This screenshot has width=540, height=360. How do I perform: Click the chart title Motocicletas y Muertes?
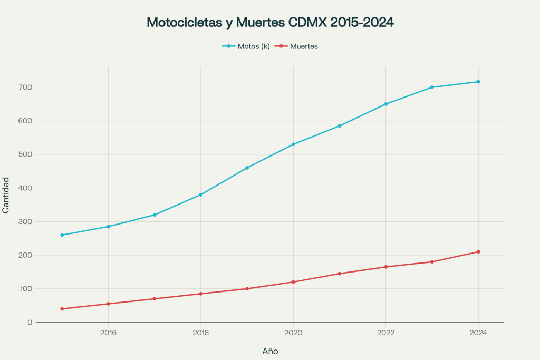tap(270, 23)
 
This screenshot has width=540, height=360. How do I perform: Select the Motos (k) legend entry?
tap(246, 46)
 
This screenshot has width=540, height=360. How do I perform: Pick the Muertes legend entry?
tap(298, 46)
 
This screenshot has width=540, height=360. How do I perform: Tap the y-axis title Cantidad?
tap(6, 195)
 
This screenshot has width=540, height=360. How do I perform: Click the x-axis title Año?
tap(270, 351)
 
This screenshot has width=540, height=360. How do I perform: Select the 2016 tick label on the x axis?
tap(108, 333)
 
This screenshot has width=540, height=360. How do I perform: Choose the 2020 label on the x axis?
tap(293, 333)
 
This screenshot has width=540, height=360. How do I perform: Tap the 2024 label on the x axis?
tap(478, 333)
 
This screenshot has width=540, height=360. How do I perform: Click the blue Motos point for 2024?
tap(478, 82)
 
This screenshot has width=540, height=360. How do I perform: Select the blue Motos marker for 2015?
tap(62, 235)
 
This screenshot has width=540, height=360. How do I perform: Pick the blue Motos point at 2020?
tap(293, 144)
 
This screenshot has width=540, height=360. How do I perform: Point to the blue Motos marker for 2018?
tap(201, 194)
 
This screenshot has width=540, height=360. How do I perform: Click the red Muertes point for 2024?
tap(478, 251)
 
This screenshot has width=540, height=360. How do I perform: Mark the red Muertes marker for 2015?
tap(62, 309)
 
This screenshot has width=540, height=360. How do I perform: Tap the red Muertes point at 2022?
tap(386, 267)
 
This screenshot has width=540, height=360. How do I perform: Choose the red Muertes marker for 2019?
tap(247, 289)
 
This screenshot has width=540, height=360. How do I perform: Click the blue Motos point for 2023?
tap(432, 87)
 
